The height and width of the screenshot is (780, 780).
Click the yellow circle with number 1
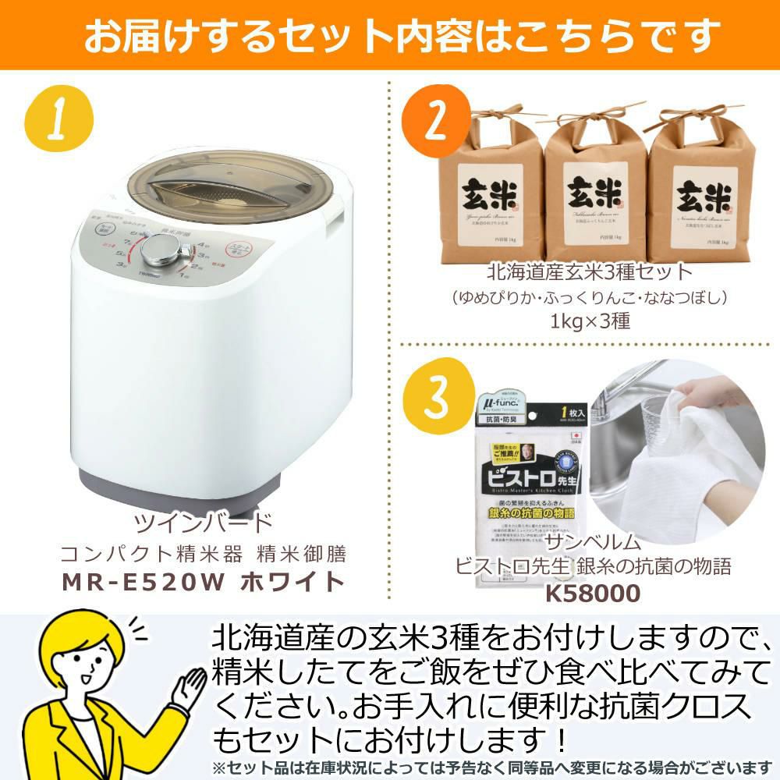(58, 120)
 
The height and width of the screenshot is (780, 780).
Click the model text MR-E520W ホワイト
(204, 581)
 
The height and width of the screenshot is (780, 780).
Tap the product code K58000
(593, 594)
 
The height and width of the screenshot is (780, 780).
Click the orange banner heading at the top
(390, 34)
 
